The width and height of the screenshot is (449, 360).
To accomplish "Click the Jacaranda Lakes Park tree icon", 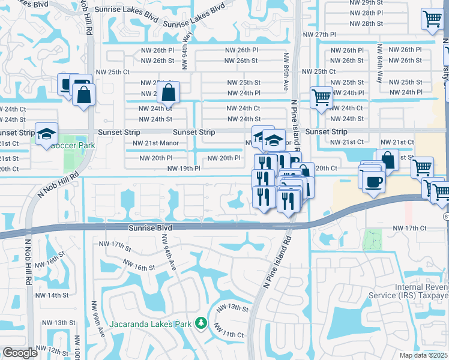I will point(200,325).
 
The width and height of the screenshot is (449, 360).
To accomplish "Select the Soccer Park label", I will point(73,146).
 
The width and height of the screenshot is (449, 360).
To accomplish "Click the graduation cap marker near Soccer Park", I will point(46,135).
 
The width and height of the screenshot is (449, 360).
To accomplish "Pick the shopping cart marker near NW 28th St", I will point(432,20).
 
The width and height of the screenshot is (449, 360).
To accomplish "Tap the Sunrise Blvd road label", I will point(150,229).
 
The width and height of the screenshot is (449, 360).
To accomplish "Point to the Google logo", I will point(20,353).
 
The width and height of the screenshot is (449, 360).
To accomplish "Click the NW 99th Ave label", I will point(97,318).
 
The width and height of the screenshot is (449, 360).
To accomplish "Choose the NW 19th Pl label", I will point(184,169).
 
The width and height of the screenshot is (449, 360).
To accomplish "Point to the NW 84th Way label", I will point(379,59).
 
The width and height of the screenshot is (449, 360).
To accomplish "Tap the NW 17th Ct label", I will point(409,229).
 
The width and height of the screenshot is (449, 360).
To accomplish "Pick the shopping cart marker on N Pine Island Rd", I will point(322,97).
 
